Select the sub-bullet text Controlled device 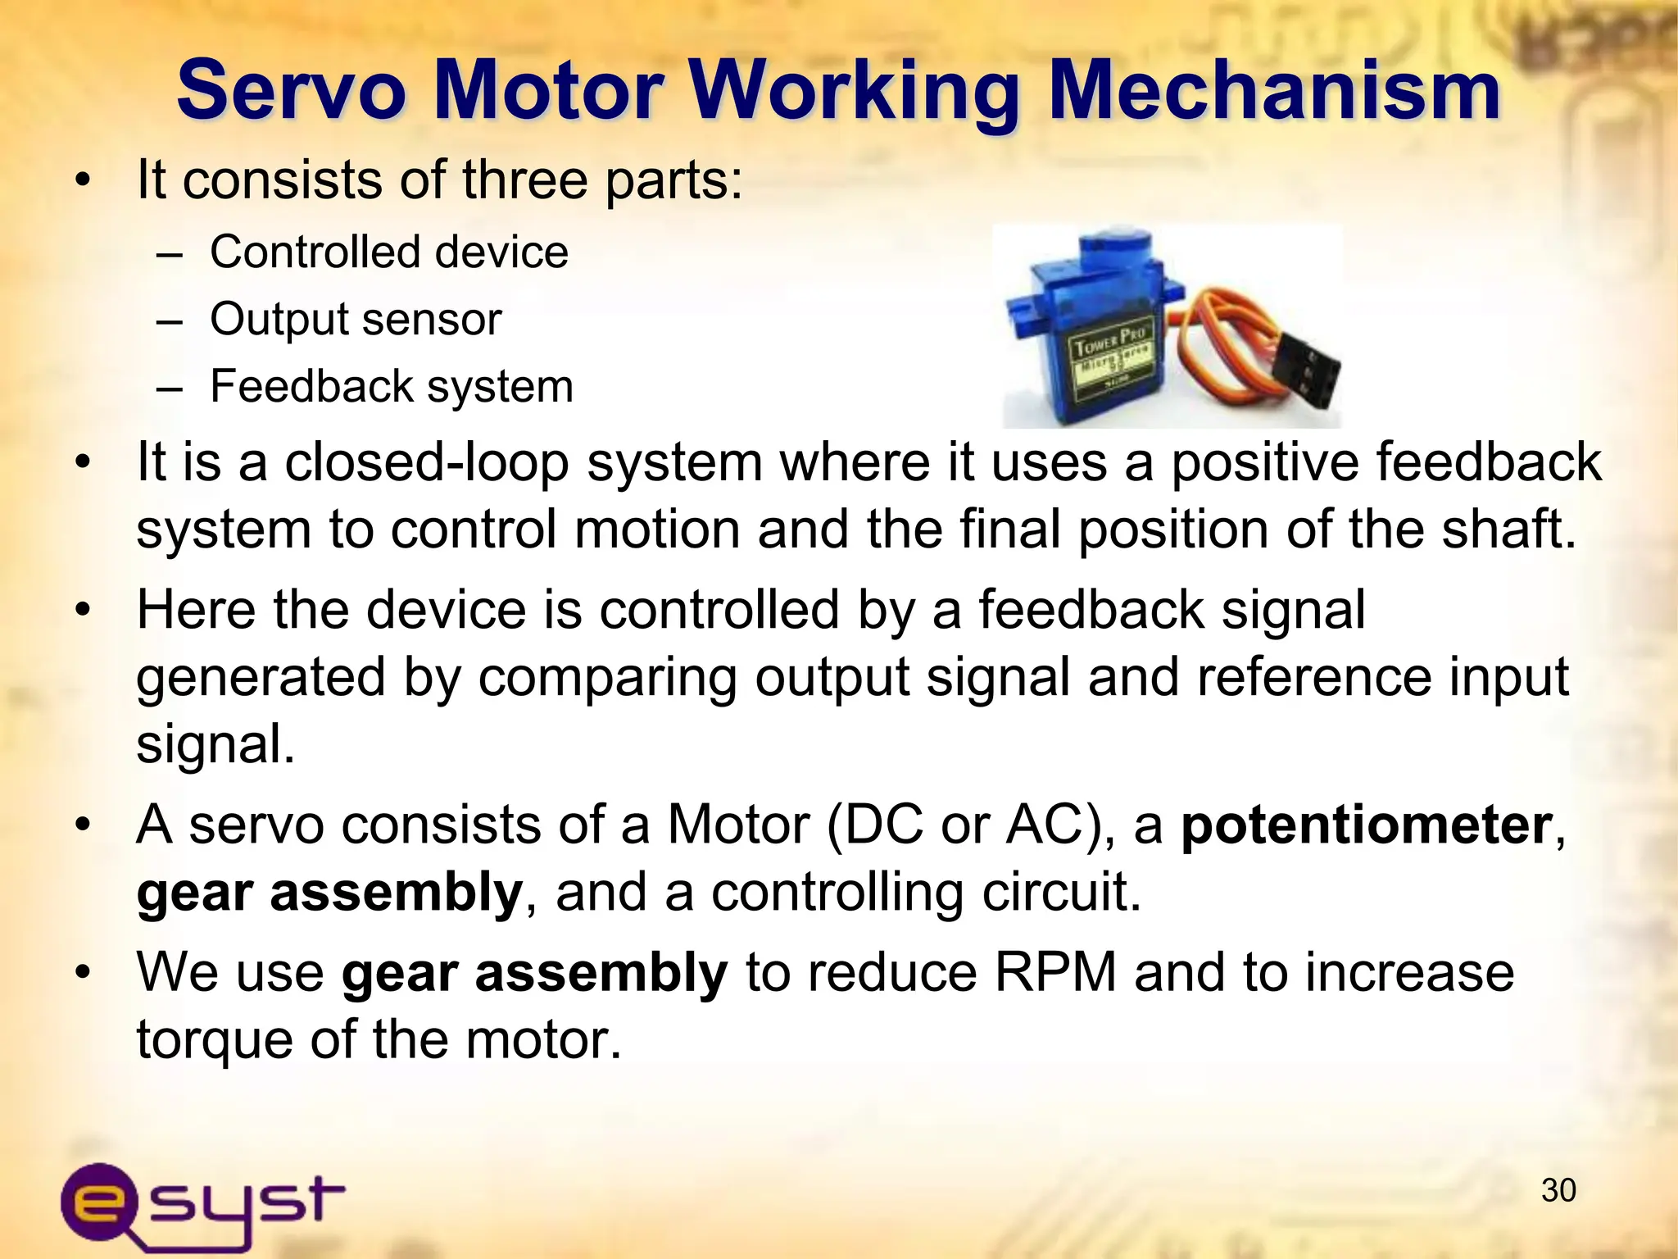point(388,252)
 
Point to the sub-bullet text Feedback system point(391,386)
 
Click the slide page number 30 point(1558,1191)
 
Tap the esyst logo point(202,1202)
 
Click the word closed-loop point(426,462)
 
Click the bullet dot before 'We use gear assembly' point(81,973)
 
